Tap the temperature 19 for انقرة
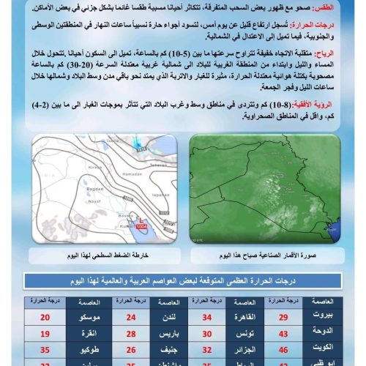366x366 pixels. coord(45,333)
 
